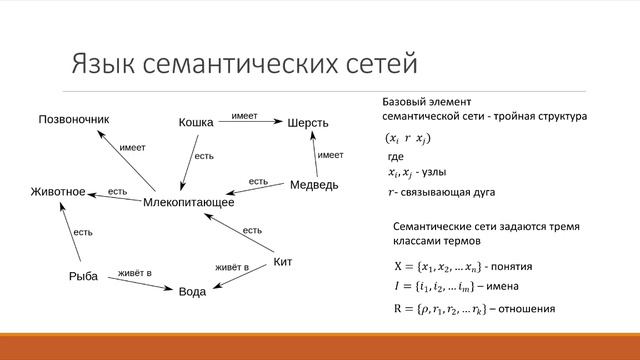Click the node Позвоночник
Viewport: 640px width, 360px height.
[x=73, y=119]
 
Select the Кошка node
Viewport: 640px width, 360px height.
[x=196, y=122]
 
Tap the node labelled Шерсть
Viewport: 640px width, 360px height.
[x=308, y=123]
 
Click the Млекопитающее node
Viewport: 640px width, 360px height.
[x=189, y=202]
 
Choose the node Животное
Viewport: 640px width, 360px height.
[x=58, y=191]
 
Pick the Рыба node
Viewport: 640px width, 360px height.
[x=84, y=277]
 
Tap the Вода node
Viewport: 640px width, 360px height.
[x=192, y=293]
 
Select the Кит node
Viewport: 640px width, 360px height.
[x=283, y=263]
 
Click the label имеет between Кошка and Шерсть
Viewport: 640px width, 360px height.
[x=244, y=116]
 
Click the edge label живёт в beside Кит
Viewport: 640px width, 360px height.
[x=232, y=267]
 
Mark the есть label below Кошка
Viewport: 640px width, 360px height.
[x=204, y=156]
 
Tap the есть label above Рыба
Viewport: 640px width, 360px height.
[x=83, y=232]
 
